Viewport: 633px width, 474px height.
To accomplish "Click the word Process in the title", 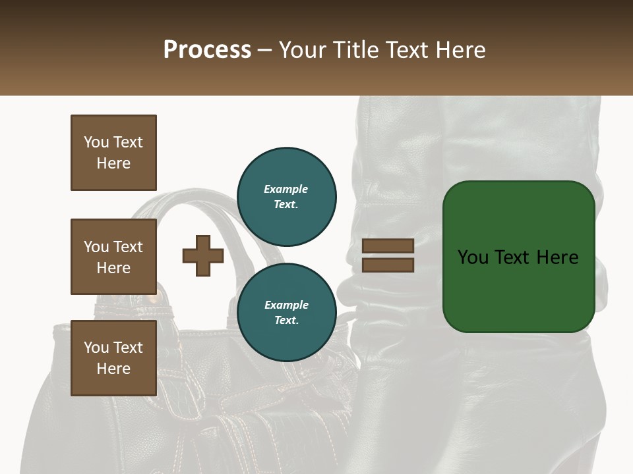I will tap(207, 50).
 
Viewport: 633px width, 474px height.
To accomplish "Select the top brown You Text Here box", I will tap(113, 153).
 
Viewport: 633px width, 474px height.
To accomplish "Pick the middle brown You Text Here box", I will tap(113, 257).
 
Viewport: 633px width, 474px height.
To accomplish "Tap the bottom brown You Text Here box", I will tap(113, 358).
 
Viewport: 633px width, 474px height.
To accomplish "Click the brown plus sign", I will tap(203, 255).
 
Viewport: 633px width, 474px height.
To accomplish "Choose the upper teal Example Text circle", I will tap(286, 196).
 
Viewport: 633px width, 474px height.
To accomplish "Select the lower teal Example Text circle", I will tap(286, 312).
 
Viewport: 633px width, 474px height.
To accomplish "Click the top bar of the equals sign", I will tap(388, 246).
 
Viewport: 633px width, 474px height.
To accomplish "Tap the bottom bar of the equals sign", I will tap(388, 265).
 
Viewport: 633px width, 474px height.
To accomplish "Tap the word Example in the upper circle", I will tap(286, 189).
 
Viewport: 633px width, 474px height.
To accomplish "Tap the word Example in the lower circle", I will tap(286, 305).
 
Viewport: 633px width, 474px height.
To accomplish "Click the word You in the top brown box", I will tap(96, 142).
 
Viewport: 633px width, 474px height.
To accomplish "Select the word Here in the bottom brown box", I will tap(113, 369).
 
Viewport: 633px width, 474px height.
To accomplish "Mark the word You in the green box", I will tap(473, 257).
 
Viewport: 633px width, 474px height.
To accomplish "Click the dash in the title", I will tap(265, 50).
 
